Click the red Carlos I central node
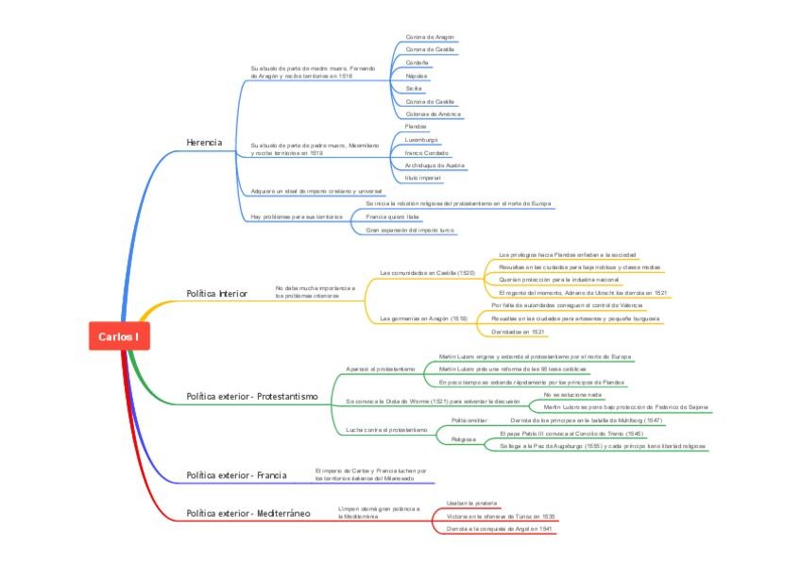coord(118,336)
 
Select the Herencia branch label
coord(204,142)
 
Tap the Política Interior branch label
coord(216,293)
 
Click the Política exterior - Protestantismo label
coord(251,396)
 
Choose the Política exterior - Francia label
coord(236,474)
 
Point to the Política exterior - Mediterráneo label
coord(247,512)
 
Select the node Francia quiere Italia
coord(392,216)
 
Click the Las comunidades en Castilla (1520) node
coord(427,272)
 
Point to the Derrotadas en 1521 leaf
coord(519,332)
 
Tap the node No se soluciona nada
coord(566,393)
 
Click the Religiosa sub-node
coord(463,438)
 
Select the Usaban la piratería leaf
coord(471,503)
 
